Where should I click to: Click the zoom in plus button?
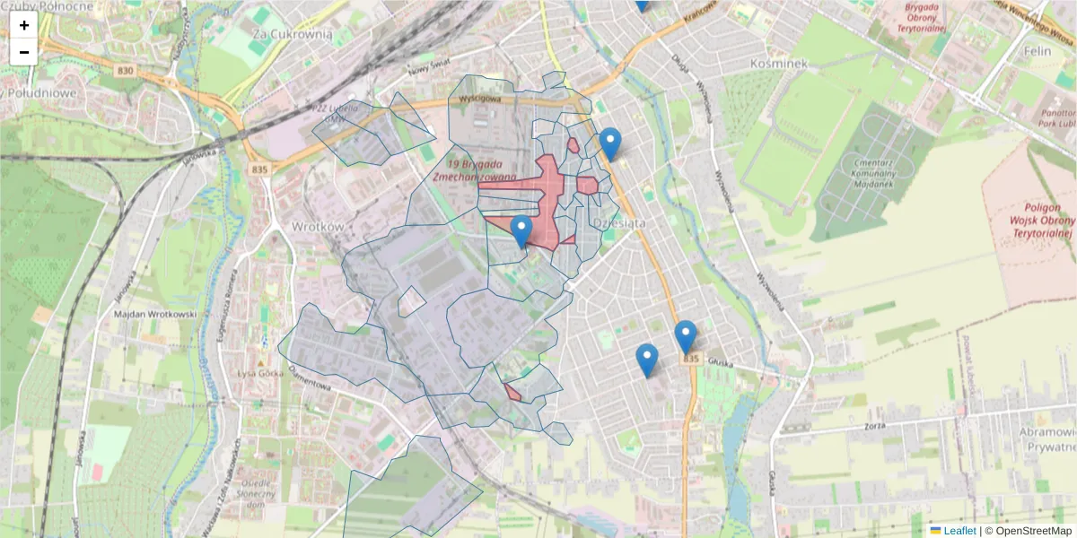[x=24, y=25]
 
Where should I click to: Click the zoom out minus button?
[x=24, y=52]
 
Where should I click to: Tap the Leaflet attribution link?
[x=959, y=531]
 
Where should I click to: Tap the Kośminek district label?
[x=778, y=64]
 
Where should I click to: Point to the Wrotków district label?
[x=318, y=226]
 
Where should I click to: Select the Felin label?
[x=1037, y=51]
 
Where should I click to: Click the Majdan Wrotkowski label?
[x=155, y=315]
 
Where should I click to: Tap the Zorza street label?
[x=877, y=427]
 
